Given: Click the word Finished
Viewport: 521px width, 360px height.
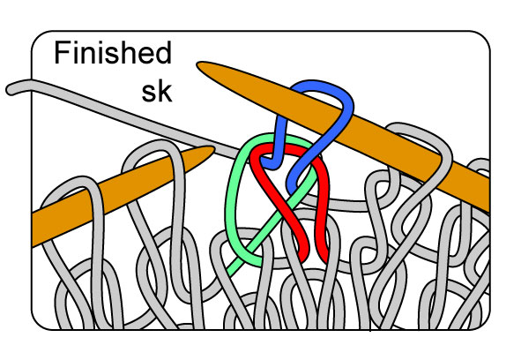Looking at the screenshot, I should point(112,54).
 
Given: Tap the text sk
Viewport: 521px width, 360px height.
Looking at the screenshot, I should point(157,91).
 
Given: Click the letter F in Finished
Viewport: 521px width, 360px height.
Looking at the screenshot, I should point(62,54).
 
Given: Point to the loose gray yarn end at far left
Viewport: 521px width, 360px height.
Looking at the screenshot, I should point(11,89).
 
